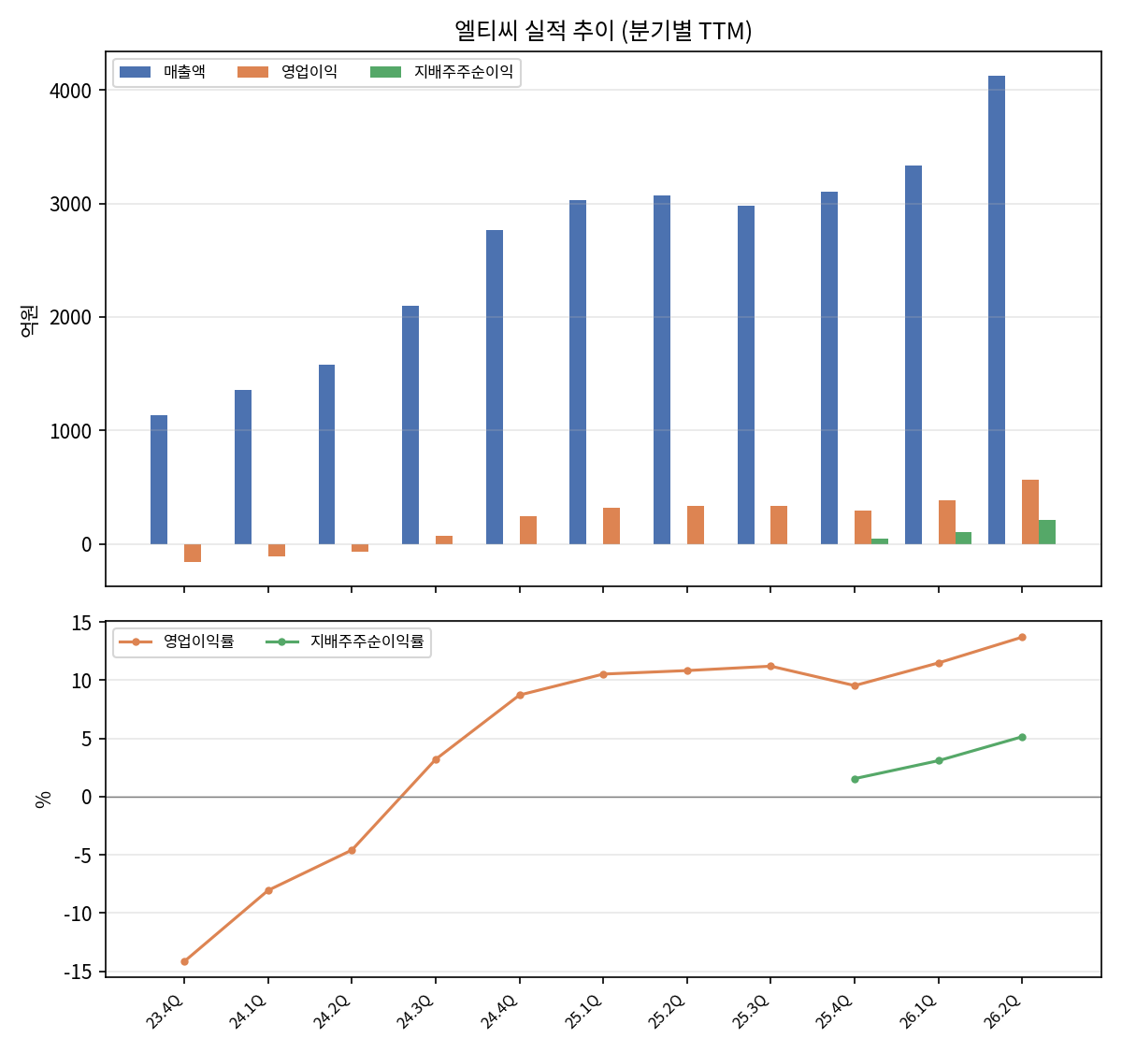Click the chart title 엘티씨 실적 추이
click(534, 31)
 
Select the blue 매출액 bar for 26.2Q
click(996, 310)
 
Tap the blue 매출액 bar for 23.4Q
click(159, 480)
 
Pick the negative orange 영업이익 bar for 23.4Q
click(192, 553)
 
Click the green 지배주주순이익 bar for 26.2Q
click(1046, 532)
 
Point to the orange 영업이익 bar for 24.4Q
click(527, 529)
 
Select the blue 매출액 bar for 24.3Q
click(410, 425)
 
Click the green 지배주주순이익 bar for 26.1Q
click(963, 538)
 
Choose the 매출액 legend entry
click(163, 72)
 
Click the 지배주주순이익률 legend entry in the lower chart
click(345, 641)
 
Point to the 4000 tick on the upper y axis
click(71, 91)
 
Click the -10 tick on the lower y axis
click(78, 914)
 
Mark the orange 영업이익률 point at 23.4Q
click(184, 961)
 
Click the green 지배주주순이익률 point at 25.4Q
click(855, 779)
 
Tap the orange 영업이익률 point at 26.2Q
click(1021, 637)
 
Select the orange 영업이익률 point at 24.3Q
click(436, 759)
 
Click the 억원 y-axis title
click(28, 321)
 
